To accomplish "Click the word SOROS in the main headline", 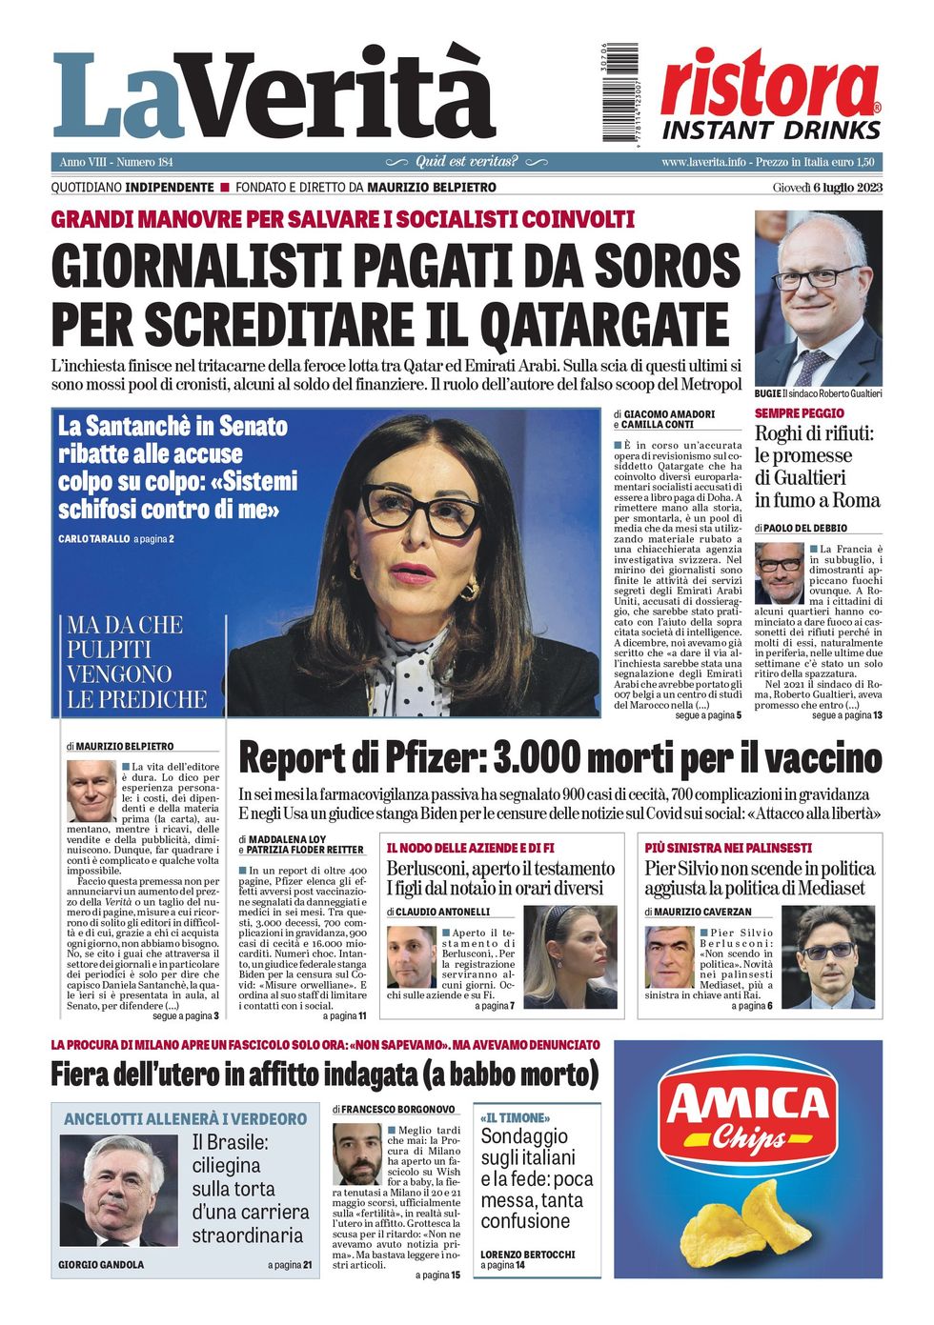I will [668, 265].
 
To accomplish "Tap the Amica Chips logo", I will [748, 1115].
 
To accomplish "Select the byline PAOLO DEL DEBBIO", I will [805, 528].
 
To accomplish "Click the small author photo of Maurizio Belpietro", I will [91, 790].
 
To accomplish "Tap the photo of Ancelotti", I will [118, 1190].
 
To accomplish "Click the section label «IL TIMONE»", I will [515, 1117].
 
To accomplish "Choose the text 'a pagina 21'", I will [290, 1265].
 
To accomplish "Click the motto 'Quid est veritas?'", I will [467, 162].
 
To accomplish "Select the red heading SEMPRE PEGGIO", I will [800, 413].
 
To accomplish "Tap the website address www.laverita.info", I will [703, 162].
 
